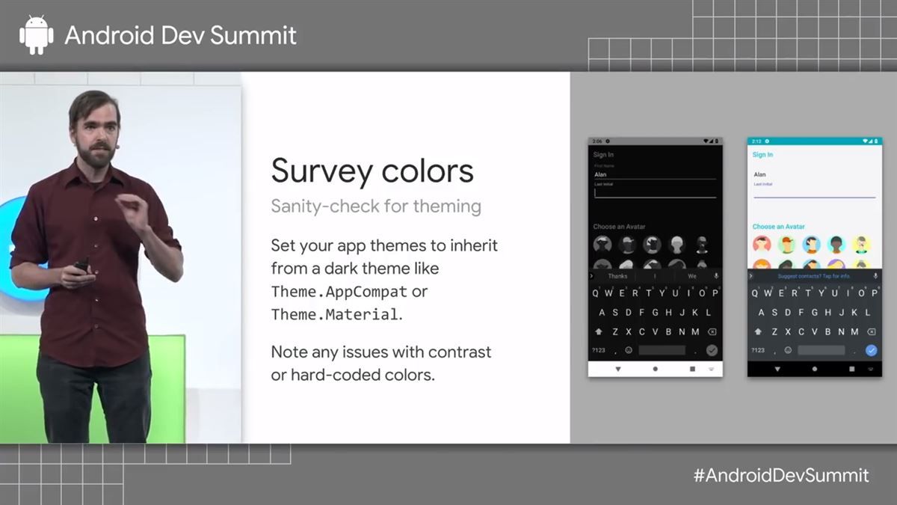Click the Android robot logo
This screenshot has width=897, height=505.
pos(37,35)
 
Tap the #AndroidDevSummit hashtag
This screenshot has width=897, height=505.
pos(780,475)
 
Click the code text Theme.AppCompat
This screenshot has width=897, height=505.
pos(339,292)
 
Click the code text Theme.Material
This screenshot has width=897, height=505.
pos(334,315)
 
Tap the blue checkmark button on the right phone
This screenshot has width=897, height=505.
pos(871,350)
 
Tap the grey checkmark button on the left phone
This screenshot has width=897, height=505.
pos(712,350)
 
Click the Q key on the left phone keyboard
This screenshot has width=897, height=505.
pos(597,293)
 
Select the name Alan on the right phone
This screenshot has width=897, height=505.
pos(759,174)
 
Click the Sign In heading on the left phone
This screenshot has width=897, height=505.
pos(603,155)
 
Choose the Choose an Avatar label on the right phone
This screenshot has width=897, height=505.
pos(778,227)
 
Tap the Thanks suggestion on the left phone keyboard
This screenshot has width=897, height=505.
pos(617,276)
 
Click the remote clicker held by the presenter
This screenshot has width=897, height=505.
pos(81,265)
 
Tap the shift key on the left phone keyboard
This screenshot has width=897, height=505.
pos(599,331)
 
